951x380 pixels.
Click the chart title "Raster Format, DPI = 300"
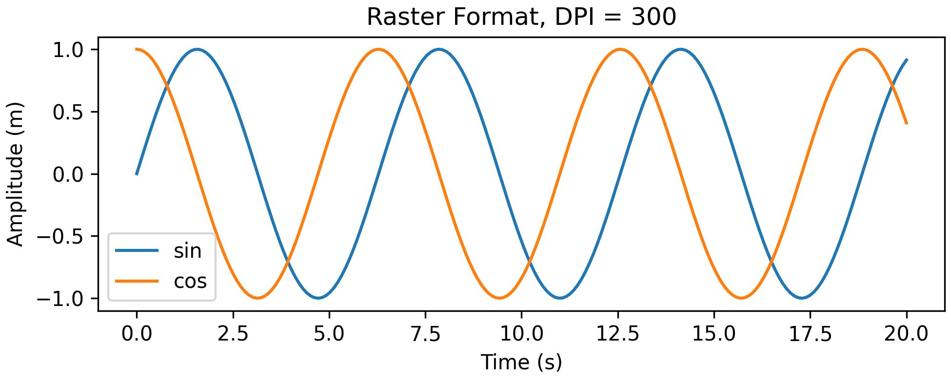tap(521, 18)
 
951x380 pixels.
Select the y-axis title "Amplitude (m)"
tap(16, 174)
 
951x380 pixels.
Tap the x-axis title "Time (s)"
tap(521, 362)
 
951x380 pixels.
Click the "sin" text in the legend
tap(188, 251)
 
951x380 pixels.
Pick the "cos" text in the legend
tap(190, 281)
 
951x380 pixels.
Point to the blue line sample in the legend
tap(137, 251)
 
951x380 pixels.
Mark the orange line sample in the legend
tap(137, 281)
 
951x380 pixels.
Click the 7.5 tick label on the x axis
tap(425, 334)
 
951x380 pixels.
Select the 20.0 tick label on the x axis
tap(906, 334)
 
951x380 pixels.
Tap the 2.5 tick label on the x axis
tap(233, 334)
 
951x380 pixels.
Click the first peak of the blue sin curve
tap(197, 49)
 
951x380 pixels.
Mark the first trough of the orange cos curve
tap(258, 298)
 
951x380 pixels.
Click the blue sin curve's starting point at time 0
tap(137, 173)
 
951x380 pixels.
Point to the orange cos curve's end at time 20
tap(906, 123)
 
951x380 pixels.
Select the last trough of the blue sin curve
tap(802, 298)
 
